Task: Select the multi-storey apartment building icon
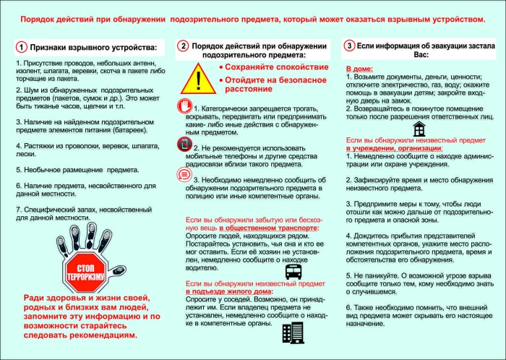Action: [293, 332]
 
